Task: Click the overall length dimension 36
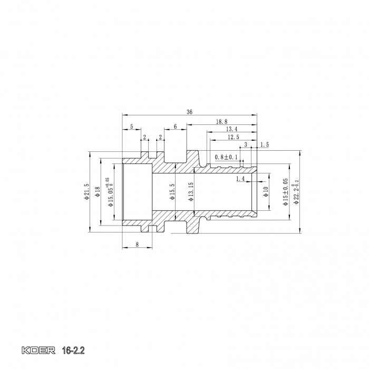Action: pos(189,111)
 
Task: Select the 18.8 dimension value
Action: pos(222,122)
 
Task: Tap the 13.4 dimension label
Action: pos(231,129)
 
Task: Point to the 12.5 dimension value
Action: pos(233,137)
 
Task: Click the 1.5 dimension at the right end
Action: pos(265,144)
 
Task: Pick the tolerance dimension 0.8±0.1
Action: pos(227,158)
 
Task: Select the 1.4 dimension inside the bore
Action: pos(240,179)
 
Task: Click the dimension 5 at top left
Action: pos(131,127)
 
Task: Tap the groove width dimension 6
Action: pos(175,127)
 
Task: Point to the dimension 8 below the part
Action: pos(137,244)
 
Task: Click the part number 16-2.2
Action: pos(72,349)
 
